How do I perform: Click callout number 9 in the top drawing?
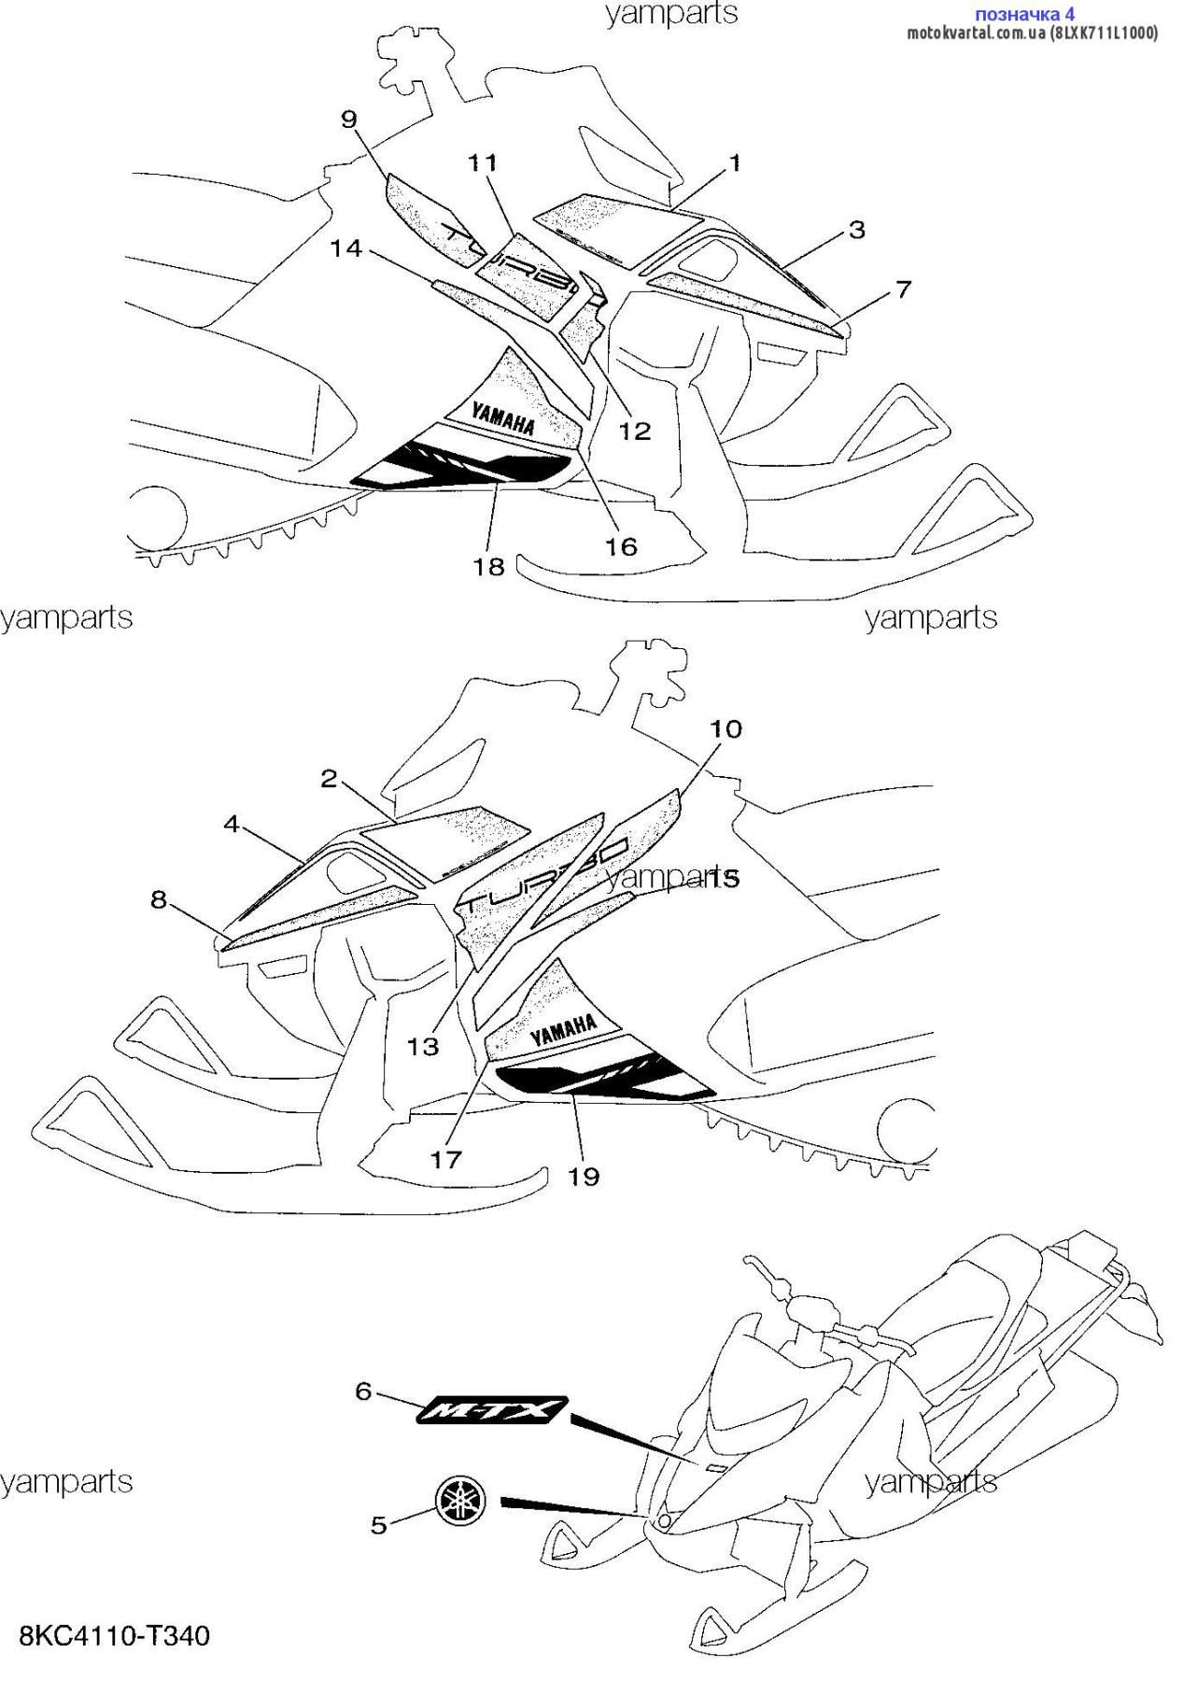(x=349, y=120)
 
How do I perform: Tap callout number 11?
(x=483, y=163)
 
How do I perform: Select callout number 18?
(x=488, y=566)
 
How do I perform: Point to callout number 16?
(x=621, y=546)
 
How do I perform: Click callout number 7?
(x=903, y=290)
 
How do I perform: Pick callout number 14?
(x=345, y=248)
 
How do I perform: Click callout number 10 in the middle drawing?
(x=725, y=728)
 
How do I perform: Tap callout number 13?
(x=422, y=1046)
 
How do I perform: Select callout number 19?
(x=584, y=1177)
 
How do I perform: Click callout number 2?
(x=329, y=778)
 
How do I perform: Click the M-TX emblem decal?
(x=492, y=1409)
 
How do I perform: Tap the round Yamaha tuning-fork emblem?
(x=461, y=1502)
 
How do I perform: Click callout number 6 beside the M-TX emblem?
(x=363, y=1391)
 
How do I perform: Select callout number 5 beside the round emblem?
(x=378, y=1525)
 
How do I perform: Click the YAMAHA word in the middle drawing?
(x=564, y=1030)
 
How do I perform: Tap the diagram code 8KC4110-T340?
(x=115, y=1635)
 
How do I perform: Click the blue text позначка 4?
(x=1024, y=14)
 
